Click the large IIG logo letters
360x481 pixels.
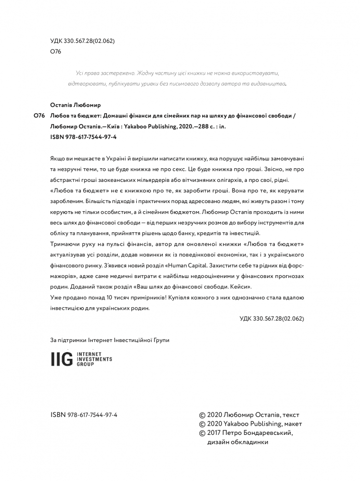click(62, 359)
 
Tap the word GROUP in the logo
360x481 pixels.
click(84, 364)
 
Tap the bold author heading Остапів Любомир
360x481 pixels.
click(76, 105)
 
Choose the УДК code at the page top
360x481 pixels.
click(82, 41)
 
